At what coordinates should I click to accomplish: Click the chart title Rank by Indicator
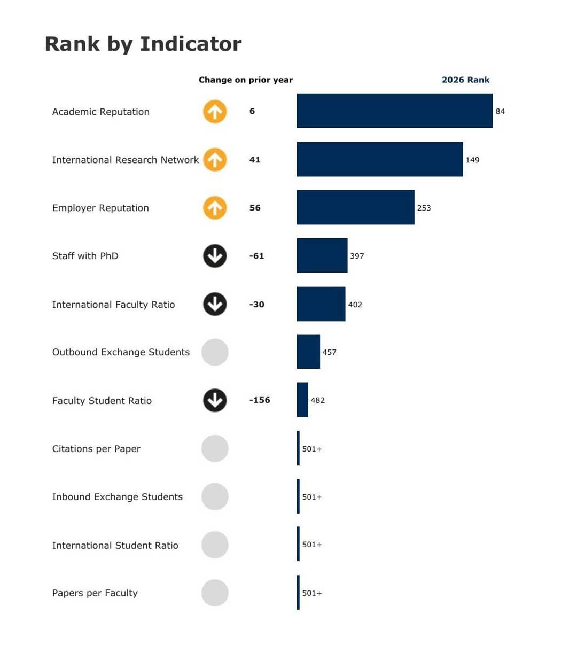[143, 44]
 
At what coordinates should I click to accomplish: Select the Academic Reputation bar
[394, 111]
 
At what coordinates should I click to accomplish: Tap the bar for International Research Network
[379, 159]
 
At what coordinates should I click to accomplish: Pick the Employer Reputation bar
[355, 207]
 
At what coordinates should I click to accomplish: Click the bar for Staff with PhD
[322, 255]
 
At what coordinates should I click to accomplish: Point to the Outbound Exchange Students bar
[308, 352]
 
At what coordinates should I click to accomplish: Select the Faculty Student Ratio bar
[302, 400]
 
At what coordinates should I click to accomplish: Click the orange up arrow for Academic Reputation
[215, 112]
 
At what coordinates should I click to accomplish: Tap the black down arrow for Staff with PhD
[215, 256]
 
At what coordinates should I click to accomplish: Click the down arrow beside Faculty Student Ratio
[215, 400]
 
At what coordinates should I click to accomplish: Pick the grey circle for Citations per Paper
[215, 448]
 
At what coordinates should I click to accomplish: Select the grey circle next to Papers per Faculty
[215, 593]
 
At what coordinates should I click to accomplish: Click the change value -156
[260, 400]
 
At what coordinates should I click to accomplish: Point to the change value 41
[255, 160]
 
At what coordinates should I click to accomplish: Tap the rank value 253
[424, 208]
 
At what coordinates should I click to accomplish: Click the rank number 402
[355, 305]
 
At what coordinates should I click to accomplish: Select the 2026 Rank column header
[465, 80]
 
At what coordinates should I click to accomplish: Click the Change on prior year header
[246, 80]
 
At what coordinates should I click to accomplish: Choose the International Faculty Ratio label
[113, 305]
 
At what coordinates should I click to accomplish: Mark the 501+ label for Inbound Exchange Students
[312, 497]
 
